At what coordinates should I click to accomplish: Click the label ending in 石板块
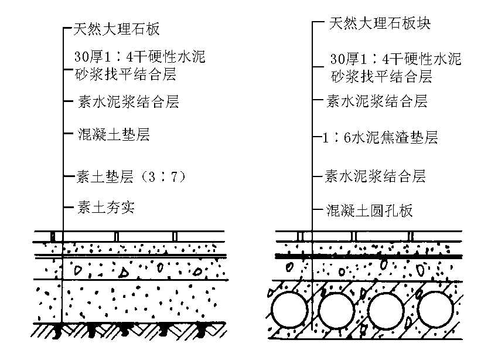click(380, 23)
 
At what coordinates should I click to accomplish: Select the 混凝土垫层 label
click(114, 134)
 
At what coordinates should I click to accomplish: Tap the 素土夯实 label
click(106, 208)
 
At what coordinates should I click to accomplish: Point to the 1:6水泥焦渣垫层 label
click(380, 138)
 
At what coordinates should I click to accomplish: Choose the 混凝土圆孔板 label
click(369, 210)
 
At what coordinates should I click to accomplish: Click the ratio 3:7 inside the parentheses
click(162, 176)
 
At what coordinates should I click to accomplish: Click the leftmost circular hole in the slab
click(289, 310)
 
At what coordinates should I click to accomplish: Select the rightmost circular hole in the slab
click(435, 310)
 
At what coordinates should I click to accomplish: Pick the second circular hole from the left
click(336, 310)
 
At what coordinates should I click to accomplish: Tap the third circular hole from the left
click(386, 310)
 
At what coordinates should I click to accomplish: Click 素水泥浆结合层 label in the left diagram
click(128, 101)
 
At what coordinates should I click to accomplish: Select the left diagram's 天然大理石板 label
click(117, 29)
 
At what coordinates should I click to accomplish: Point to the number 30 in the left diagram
click(81, 57)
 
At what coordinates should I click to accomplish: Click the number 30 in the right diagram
click(337, 59)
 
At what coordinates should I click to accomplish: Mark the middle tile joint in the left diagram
click(117, 237)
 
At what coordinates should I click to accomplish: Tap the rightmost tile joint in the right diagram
click(410, 236)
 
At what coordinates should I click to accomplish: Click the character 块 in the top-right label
click(424, 23)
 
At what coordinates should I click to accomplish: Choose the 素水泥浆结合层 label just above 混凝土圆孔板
click(375, 176)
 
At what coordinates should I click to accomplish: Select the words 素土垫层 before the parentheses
click(104, 177)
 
